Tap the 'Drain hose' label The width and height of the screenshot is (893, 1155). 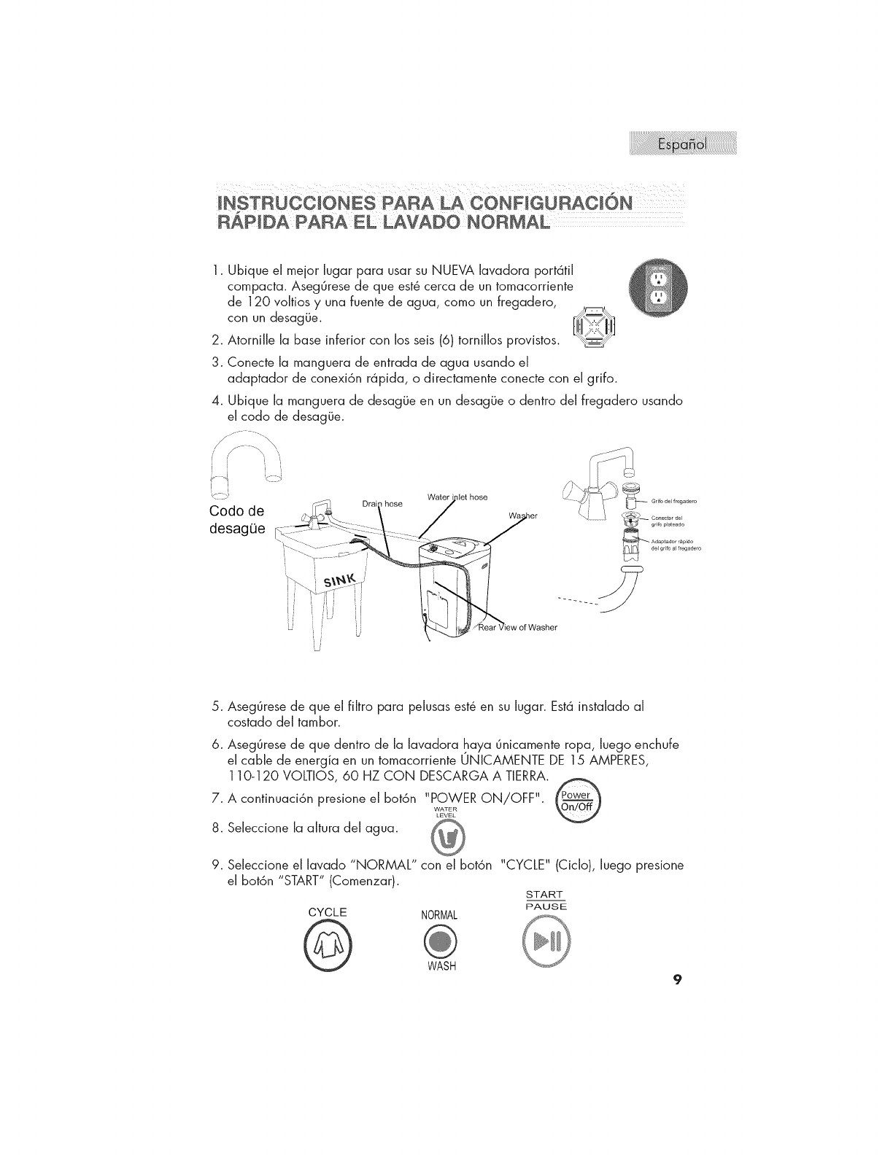(382, 503)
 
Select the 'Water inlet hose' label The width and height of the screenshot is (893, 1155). (457, 497)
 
